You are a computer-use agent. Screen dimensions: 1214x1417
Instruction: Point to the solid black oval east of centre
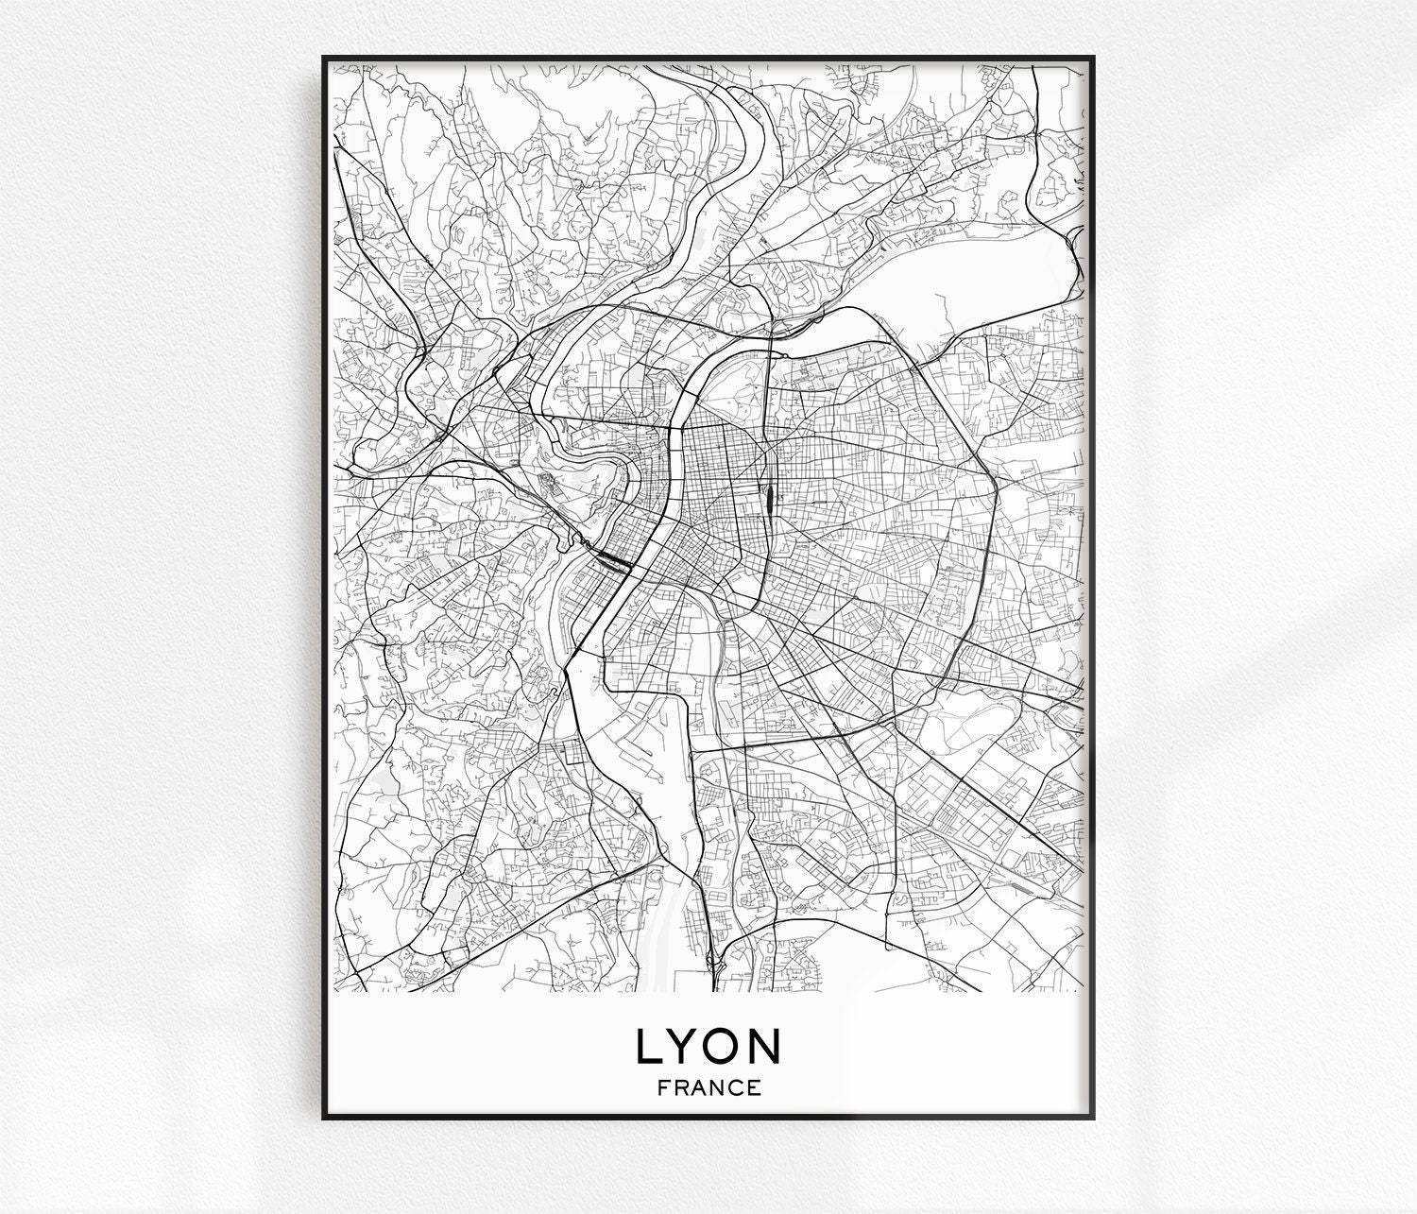coord(769,495)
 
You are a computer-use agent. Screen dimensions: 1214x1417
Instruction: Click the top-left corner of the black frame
coord(324,58)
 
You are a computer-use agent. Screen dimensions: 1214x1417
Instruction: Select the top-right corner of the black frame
coord(1092,58)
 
